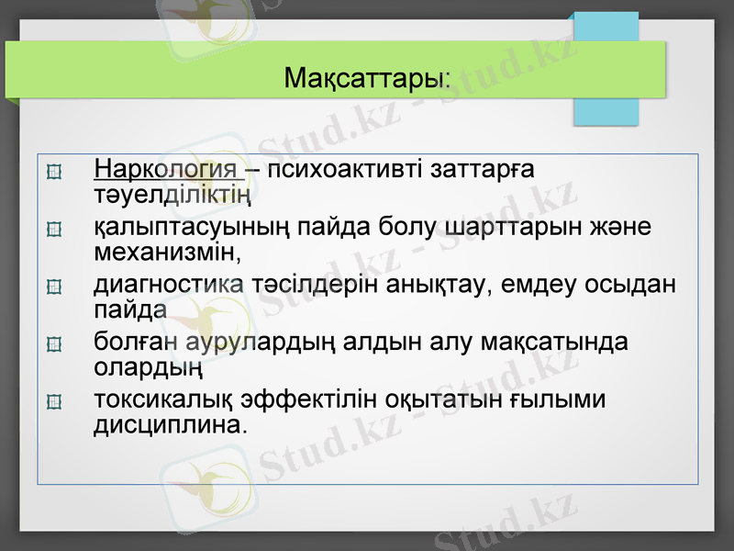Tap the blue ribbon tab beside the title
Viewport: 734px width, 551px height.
[606, 69]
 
